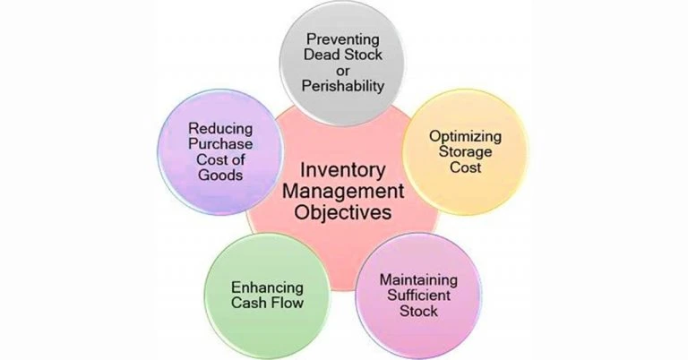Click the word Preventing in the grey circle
[344, 39]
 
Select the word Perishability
[344, 87]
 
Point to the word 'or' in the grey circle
[344, 71]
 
